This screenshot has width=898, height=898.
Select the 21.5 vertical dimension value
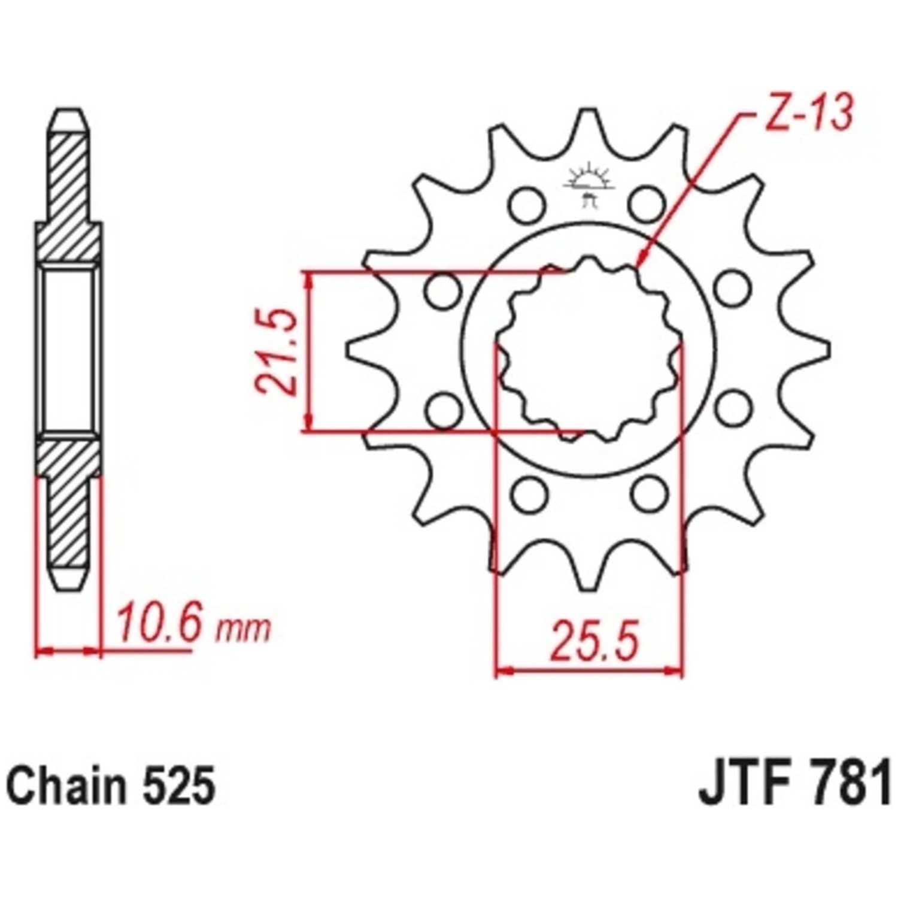point(277,351)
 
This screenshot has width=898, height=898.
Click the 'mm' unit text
point(243,628)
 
